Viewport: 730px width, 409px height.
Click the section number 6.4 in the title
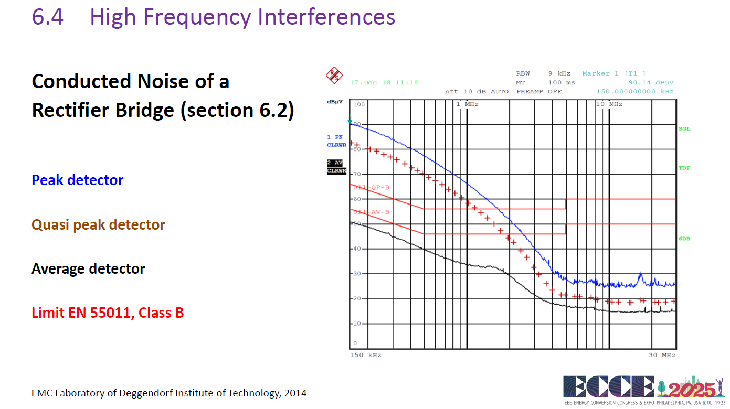pyautogui.click(x=48, y=17)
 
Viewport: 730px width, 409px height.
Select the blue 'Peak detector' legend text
pyautogui.click(x=78, y=180)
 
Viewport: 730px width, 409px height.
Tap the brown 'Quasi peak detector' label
pyautogui.click(x=98, y=225)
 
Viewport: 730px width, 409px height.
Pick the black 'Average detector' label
pyautogui.click(x=88, y=269)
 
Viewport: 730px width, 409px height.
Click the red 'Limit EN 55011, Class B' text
pyautogui.click(x=108, y=313)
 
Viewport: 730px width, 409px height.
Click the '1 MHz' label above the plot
pyautogui.click(x=467, y=104)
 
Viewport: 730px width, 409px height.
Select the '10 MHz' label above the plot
pyautogui.click(x=609, y=104)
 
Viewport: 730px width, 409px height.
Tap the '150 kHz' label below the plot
pyautogui.click(x=365, y=356)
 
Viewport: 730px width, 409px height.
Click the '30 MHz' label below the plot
pyautogui.click(x=662, y=356)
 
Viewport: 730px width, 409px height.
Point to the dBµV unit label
pyautogui.click(x=335, y=101)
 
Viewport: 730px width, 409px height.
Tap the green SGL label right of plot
pyautogui.click(x=684, y=129)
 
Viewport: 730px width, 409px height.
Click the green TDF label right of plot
pyautogui.click(x=684, y=168)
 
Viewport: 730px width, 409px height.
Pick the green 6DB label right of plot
pyautogui.click(x=684, y=239)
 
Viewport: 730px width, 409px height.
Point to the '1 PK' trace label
pyautogui.click(x=335, y=137)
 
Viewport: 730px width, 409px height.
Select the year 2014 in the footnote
pyautogui.click(x=295, y=393)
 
